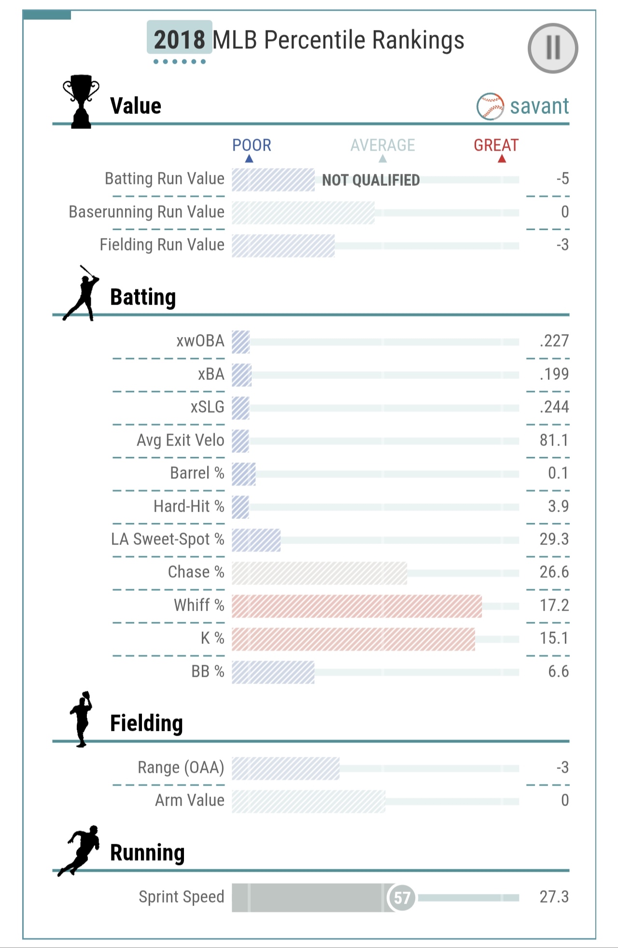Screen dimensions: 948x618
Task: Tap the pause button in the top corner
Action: coord(553,48)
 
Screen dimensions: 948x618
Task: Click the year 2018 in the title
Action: coord(180,40)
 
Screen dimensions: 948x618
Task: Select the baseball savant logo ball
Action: coord(490,106)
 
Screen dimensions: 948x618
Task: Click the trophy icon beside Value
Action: coord(81,101)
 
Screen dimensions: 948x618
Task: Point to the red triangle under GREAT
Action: coord(502,159)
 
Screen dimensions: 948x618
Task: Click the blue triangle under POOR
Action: coord(249,159)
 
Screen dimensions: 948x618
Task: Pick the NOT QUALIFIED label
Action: coord(371,180)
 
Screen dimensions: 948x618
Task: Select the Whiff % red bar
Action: coord(356,606)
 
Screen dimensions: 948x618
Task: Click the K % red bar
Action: coord(353,639)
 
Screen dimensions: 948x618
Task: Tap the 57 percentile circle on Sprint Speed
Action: coord(402,897)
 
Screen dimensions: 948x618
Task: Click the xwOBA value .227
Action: coord(554,341)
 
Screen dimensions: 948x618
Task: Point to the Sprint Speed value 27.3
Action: coord(554,897)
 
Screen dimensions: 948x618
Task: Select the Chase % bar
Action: coord(319,573)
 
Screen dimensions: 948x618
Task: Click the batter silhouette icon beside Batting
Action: coord(81,293)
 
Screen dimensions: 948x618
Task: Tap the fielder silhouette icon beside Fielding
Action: coord(81,719)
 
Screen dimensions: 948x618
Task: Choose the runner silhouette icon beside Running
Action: coord(80,850)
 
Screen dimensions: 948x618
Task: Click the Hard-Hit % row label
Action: coord(189,506)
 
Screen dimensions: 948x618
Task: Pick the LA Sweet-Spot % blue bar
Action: coord(256,540)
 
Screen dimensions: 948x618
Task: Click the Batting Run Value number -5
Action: coord(562,179)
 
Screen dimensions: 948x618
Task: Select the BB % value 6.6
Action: coord(558,671)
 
